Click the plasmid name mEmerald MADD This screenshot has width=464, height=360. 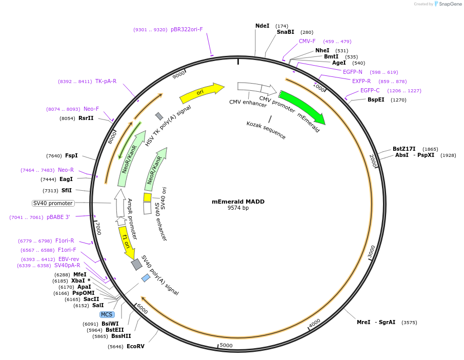click(238, 202)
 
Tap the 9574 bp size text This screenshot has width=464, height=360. click(238, 208)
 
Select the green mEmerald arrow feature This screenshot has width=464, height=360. click(302, 107)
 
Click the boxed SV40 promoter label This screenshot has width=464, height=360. click(53, 203)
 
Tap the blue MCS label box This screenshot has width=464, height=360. click(107, 314)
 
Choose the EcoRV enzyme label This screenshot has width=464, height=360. click(135, 347)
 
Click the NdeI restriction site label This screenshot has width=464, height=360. click(262, 26)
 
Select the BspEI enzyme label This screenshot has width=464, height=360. click(376, 99)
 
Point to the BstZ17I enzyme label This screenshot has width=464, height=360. click(405, 149)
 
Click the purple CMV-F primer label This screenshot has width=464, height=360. click(307, 41)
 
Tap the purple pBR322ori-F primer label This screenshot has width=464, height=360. click(187, 29)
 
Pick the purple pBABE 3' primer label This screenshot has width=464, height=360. click(58, 217)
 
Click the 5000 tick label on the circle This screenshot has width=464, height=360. click(226, 346)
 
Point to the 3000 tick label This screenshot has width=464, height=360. click(372, 251)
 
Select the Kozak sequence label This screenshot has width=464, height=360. click(266, 130)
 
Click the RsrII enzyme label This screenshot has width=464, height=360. click(86, 118)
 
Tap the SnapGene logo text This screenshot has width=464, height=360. click(451, 4)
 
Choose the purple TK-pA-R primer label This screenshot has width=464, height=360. click(106, 81)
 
